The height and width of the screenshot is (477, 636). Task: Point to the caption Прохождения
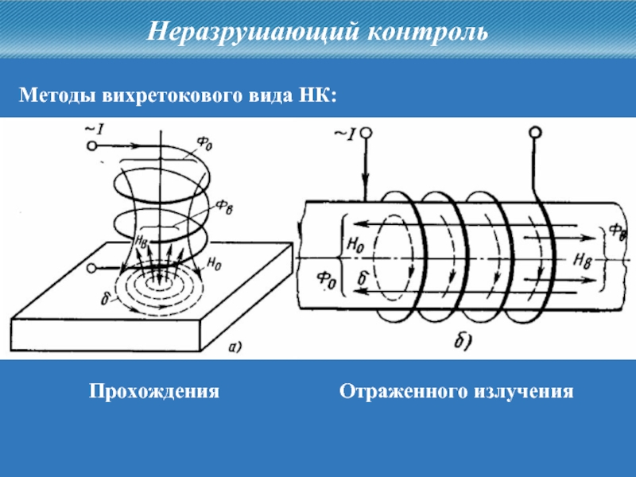point(153,392)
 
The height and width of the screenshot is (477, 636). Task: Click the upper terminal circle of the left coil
point(92,146)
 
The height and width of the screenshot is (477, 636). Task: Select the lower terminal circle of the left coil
point(93,267)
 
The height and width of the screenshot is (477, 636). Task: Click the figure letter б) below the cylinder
point(463,343)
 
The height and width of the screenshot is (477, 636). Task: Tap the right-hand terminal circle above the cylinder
point(535,133)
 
